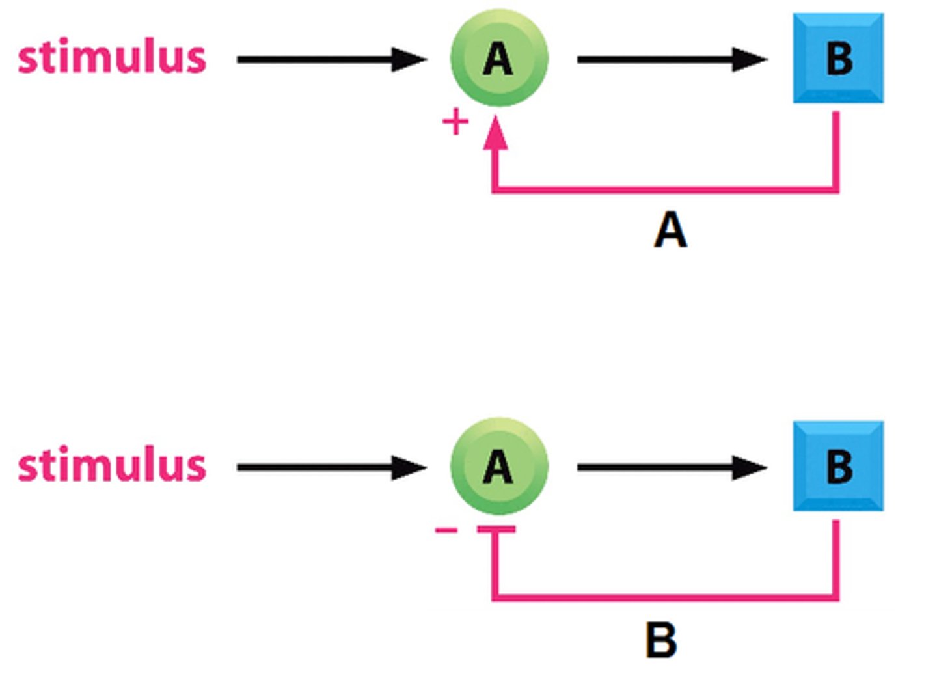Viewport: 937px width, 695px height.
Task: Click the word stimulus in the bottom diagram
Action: [x=112, y=465]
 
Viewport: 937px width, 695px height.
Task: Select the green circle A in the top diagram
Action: [x=499, y=58]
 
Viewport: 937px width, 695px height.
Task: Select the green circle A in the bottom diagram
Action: [x=499, y=466]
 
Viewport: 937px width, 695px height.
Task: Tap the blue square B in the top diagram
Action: [x=838, y=58]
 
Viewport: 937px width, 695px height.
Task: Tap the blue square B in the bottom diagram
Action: [x=838, y=466]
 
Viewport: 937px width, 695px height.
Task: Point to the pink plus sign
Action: [x=455, y=122]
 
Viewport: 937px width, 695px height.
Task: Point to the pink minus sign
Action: [x=446, y=530]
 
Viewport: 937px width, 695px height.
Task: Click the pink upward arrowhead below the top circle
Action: [x=496, y=133]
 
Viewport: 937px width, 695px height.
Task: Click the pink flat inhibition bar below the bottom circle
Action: [x=496, y=530]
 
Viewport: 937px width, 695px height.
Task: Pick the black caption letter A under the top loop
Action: [x=670, y=230]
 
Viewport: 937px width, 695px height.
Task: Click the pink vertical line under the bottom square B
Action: [x=836, y=558]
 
